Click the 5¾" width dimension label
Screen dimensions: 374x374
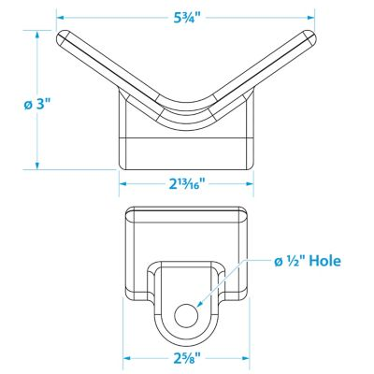click(x=186, y=18)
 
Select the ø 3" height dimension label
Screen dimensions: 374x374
click(x=37, y=105)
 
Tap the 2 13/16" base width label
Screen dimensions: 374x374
click(x=187, y=184)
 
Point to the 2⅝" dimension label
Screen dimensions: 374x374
click(x=187, y=358)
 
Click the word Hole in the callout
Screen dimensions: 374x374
click(x=324, y=261)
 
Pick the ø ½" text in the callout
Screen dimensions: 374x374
click(x=290, y=261)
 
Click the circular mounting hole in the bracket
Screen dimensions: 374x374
click(x=186, y=315)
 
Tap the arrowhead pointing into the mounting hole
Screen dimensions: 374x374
click(x=200, y=305)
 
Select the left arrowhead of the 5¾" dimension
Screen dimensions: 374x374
click(x=60, y=18)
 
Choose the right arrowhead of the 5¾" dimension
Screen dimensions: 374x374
click(x=310, y=18)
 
